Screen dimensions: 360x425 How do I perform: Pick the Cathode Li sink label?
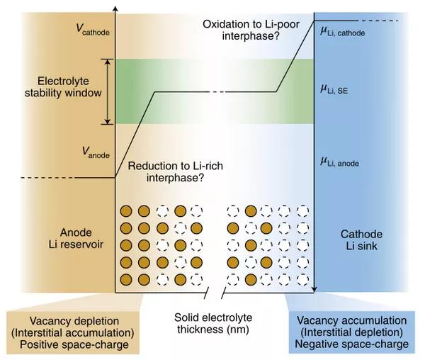click(x=363, y=240)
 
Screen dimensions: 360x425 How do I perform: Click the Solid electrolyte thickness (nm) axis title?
click(x=214, y=324)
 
